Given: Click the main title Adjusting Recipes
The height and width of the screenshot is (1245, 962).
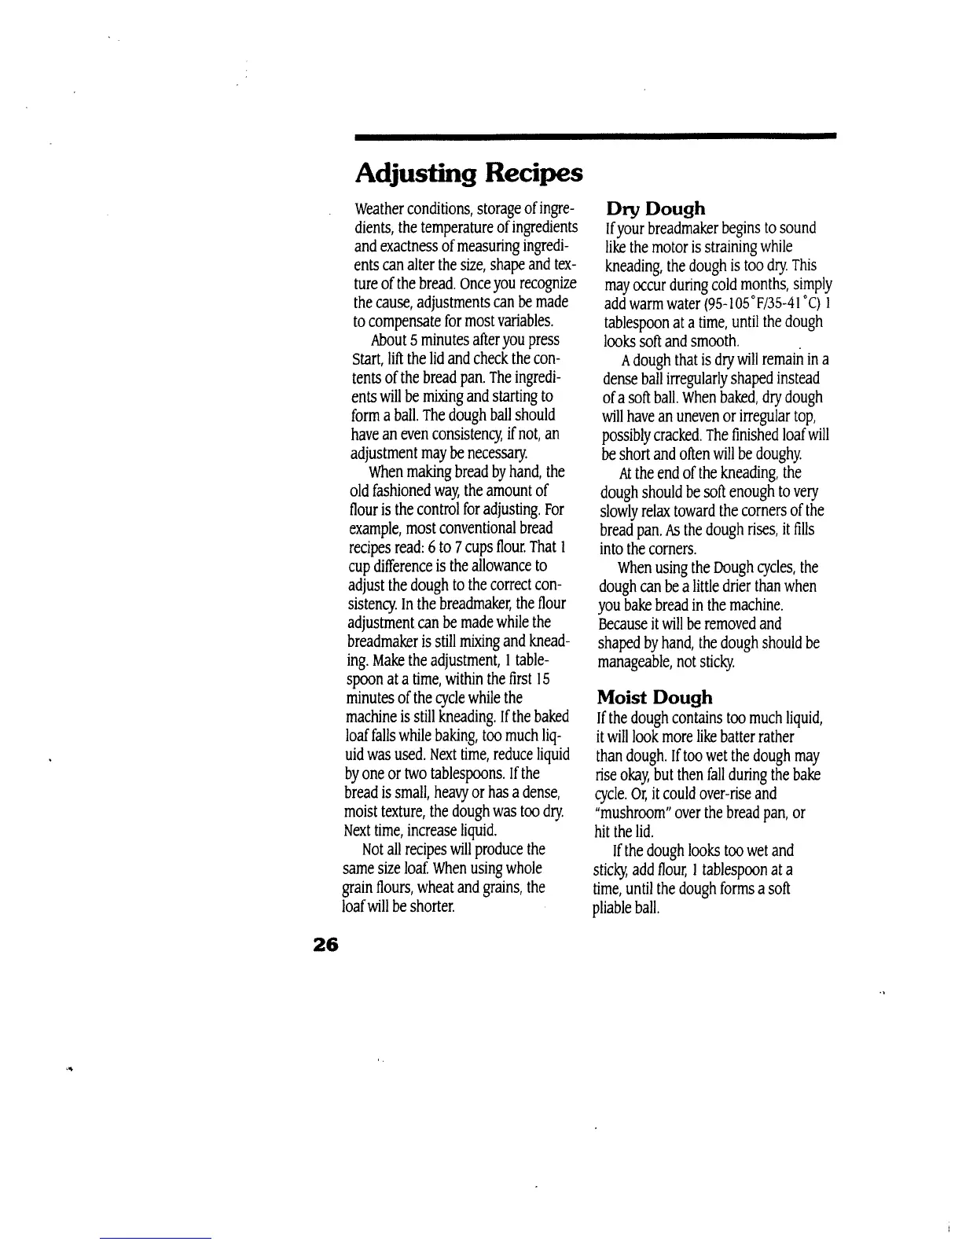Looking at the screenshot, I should click(468, 173).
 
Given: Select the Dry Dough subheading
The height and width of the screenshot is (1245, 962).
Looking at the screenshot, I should click(655, 209).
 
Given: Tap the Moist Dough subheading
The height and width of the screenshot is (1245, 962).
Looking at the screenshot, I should click(655, 697).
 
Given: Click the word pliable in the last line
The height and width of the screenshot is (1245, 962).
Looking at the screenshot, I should click(611, 908).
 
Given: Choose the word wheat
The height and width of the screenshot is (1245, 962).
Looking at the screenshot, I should click(444, 887).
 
